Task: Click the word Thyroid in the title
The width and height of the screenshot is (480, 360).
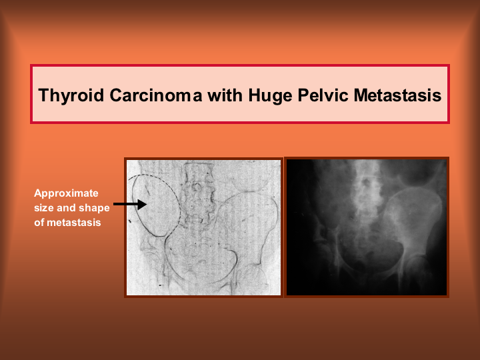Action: pos(71,95)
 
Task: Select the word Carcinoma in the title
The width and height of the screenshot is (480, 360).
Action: pos(156,95)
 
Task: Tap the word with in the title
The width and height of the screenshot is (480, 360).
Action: pos(225,95)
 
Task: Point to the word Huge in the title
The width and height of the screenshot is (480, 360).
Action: pos(270,95)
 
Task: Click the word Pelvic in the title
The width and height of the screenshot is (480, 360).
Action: pos(323,95)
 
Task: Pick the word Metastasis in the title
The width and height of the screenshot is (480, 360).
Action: pos(397,95)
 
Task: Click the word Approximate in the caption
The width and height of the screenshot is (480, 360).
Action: pos(66,193)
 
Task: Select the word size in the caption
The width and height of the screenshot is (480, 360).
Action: pos(44,208)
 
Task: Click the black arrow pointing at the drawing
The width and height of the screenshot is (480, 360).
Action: pos(130,204)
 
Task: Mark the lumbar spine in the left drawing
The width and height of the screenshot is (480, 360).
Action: pos(199,193)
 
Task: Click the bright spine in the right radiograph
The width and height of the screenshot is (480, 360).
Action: pos(367,190)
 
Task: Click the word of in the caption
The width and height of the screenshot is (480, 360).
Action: pos(39,223)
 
